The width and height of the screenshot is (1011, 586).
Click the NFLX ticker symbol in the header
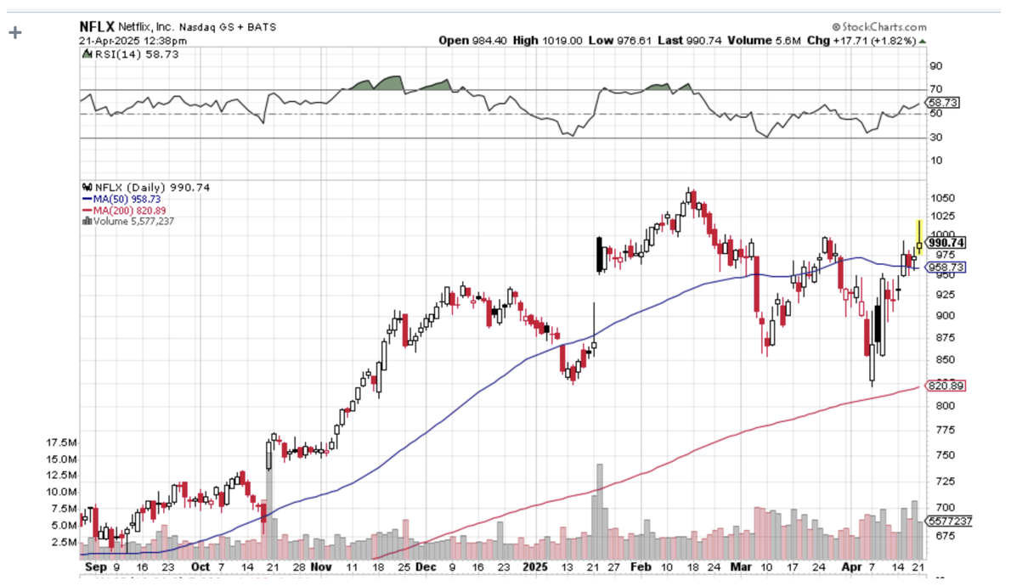pyautogui.click(x=97, y=26)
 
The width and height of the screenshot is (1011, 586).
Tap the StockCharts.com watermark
pyautogui.click(x=878, y=27)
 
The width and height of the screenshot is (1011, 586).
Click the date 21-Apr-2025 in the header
pyautogui.click(x=110, y=40)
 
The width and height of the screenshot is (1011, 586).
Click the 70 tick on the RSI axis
pyautogui.click(x=935, y=89)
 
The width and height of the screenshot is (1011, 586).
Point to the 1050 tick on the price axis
pyautogui.click(x=940, y=197)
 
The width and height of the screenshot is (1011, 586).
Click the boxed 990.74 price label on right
pyautogui.click(x=946, y=243)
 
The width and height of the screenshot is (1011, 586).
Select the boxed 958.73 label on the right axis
pyautogui.click(x=946, y=268)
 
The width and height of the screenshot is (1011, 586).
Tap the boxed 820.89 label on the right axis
pyautogui.click(x=946, y=386)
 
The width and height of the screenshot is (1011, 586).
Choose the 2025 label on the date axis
pyautogui.click(x=535, y=566)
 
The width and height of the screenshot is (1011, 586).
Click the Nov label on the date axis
pyautogui.click(x=321, y=566)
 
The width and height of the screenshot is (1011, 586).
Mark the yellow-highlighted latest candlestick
pyautogui.click(x=919, y=239)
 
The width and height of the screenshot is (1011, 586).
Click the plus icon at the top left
pyautogui.click(x=14, y=33)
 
